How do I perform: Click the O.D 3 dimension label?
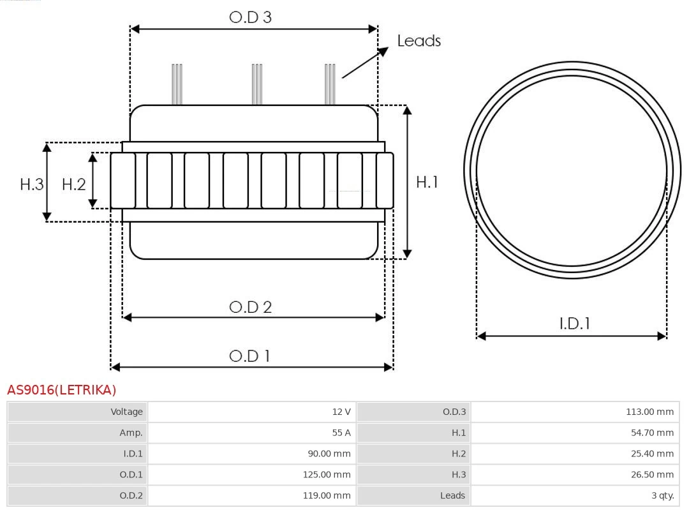[x=251, y=17]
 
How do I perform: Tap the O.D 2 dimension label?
[x=251, y=307]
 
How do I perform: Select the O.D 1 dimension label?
[x=249, y=356]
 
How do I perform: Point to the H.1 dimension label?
[x=427, y=182]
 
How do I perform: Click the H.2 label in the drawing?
[x=74, y=184]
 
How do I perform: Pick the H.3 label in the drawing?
[x=32, y=184]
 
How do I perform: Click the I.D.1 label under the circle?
[x=575, y=324]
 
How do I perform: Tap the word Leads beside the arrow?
[x=419, y=40]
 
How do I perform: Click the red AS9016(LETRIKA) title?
[x=61, y=389]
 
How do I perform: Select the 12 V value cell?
[x=252, y=412]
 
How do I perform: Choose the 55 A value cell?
[x=252, y=433]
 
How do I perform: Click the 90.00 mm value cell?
[x=252, y=454]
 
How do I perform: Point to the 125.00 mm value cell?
[x=252, y=475]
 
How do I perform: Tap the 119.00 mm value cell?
[x=252, y=495]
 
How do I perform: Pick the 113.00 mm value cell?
[x=575, y=412]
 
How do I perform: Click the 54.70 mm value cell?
[x=575, y=433]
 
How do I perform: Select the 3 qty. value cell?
[x=575, y=495]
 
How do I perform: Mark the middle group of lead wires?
[x=257, y=84]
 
